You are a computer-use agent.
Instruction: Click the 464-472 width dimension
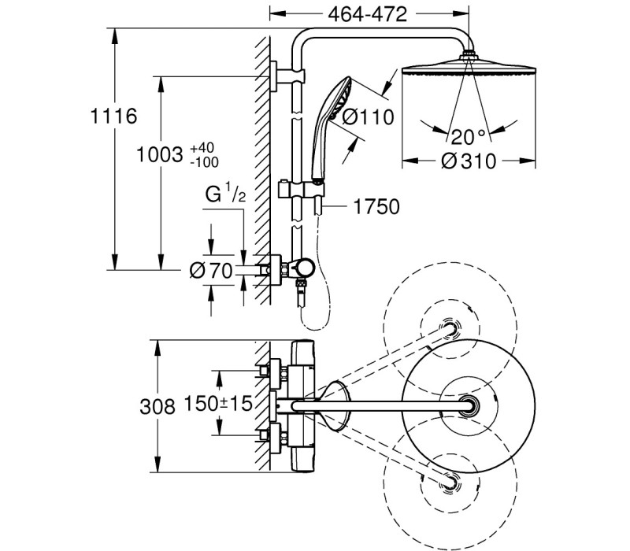(367, 14)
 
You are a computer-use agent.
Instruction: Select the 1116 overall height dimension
(113, 116)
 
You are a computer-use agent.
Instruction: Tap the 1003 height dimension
(160, 154)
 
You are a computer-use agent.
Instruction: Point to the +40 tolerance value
(202, 148)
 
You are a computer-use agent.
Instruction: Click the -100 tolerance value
(205, 162)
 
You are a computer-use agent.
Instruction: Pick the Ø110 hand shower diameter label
(368, 117)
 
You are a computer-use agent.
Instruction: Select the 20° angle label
(468, 137)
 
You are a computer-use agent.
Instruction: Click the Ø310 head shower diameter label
(469, 161)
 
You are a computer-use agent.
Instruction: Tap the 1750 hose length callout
(376, 206)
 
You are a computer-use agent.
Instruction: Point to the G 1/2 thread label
(225, 193)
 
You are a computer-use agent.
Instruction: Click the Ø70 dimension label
(211, 270)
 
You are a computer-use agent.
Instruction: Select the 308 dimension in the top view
(157, 407)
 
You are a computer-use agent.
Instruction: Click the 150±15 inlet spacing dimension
(218, 403)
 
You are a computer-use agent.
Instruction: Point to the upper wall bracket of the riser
(287, 76)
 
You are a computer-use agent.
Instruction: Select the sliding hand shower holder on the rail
(302, 189)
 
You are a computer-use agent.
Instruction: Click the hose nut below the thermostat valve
(301, 283)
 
